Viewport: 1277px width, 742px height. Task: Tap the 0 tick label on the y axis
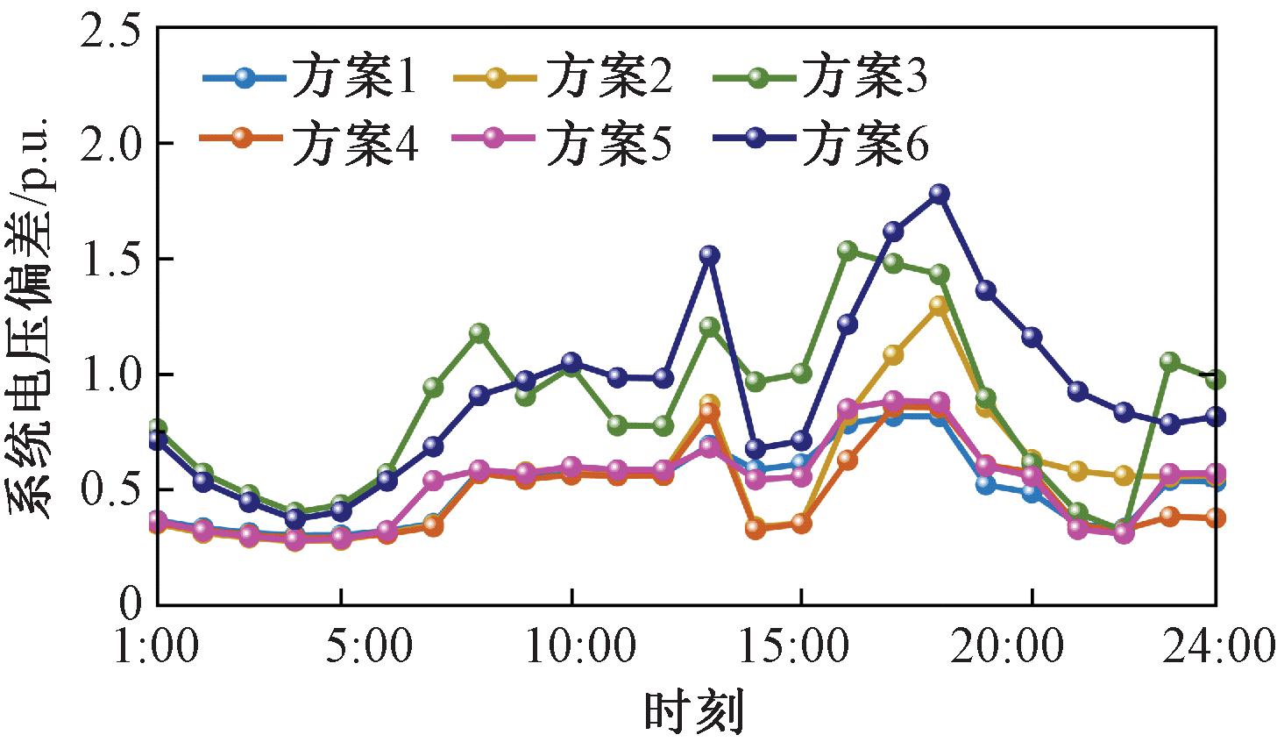coord(131,603)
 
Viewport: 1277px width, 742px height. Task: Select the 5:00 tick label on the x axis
coord(341,647)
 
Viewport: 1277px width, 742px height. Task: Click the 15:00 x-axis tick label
coord(800,647)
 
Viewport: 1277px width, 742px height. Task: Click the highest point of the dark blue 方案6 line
coord(939,194)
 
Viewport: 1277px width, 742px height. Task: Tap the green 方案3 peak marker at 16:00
coord(847,251)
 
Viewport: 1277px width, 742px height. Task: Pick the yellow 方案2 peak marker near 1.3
coord(939,306)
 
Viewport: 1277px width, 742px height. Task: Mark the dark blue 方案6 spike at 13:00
coord(709,255)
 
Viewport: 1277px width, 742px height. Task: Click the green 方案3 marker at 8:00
coord(479,333)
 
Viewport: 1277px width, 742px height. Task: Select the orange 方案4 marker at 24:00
coord(1215,518)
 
